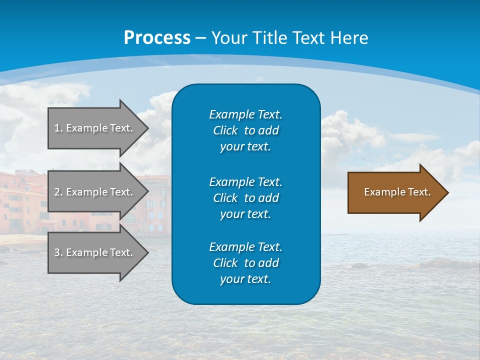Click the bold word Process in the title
(157, 38)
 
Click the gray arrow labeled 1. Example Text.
(97, 128)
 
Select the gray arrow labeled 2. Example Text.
(97, 192)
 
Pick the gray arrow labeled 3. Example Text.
(97, 252)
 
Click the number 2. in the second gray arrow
(58, 192)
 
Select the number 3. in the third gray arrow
(58, 252)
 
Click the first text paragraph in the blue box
(245, 130)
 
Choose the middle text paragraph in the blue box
(245, 197)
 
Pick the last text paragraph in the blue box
(245, 262)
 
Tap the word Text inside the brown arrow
(419, 192)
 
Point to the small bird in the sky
(364, 159)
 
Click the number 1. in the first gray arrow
(58, 128)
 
